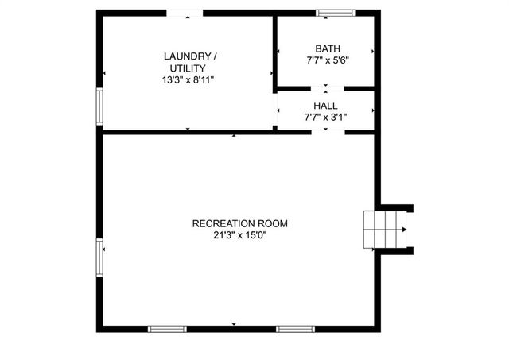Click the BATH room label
pos(325,48)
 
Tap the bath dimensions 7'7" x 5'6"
pos(325,60)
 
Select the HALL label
pos(325,105)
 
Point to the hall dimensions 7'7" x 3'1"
pos(325,117)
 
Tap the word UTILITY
pos(188,68)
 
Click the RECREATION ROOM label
pos(239,223)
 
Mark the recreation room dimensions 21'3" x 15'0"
pos(239,235)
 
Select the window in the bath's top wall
pos(334,13)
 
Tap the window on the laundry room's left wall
pos(100,106)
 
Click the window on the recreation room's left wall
pos(100,257)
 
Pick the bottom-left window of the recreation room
pos(168,328)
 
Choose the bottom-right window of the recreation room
pos(294,328)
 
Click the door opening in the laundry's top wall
pos(184,13)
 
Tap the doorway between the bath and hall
pos(325,87)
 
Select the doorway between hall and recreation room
pos(325,131)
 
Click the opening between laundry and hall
pos(275,111)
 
